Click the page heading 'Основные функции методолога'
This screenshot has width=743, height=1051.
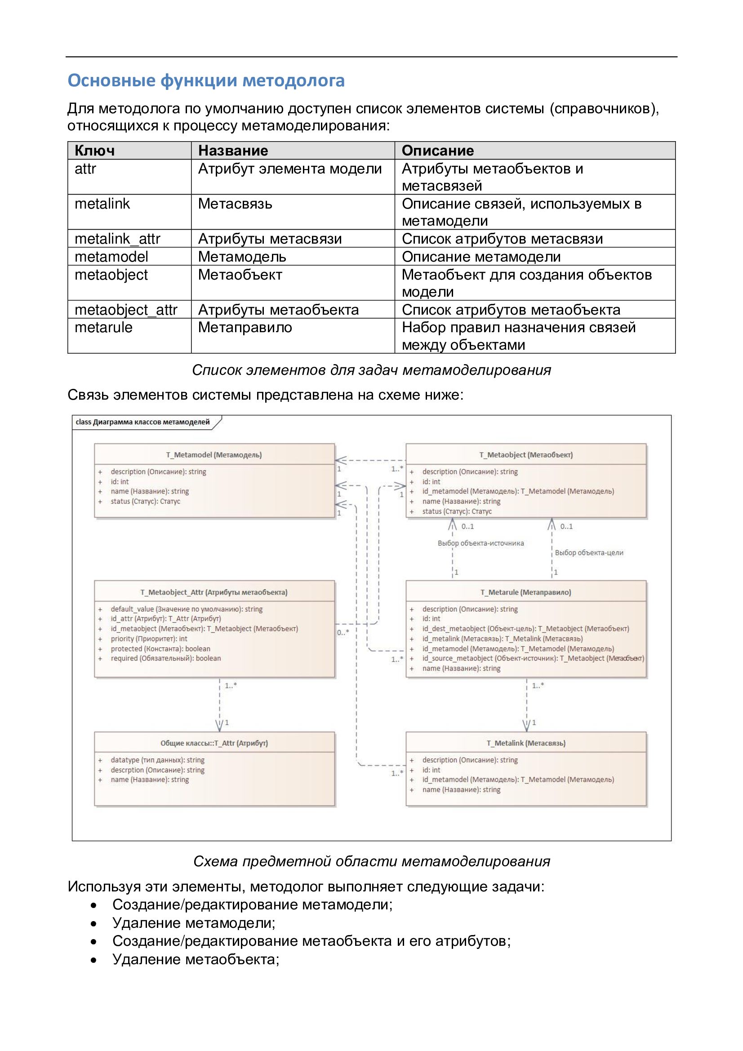pyautogui.click(x=206, y=81)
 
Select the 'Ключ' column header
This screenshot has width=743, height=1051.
pyautogui.click(x=95, y=151)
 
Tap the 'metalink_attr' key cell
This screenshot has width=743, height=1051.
pyautogui.click(x=117, y=239)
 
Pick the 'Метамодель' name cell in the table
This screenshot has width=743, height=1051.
pyautogui.click(x=242, y=256)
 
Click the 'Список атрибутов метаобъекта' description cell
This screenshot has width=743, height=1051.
pyautogui.click(x=511, y=309)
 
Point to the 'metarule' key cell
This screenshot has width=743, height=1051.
pyautogui.click(x=103, y=327)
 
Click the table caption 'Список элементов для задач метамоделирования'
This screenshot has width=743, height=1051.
pyautogui.click(x=371, y=370)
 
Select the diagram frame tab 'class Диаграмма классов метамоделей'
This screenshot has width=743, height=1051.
pyautogui.click(x=142, y=422)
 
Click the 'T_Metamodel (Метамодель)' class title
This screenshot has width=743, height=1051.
pyautogui.click(x=214, y=454)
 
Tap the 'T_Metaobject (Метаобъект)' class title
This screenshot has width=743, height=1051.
pyautogui.click(x=526, y=454)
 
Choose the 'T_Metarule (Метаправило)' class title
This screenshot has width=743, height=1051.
pyautogui.click(x=525, y=592)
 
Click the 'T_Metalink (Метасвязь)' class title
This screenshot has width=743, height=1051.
pyautogui.click(x=526, y=743)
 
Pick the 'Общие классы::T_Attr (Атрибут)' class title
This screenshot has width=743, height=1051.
pyautogui.click(x=214, y=743)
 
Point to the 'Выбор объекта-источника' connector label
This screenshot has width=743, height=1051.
pyautogui.click(x=481, y=543)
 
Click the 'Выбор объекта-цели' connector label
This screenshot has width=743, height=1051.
pyautogui.click(x=589, y=552)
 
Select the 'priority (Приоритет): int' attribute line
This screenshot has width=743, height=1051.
pyautogui.click(x=149, y=639)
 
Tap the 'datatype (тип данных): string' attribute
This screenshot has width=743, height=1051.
pyautogui.click(x=157, y=760)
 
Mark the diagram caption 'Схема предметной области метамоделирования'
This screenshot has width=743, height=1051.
pyautogui.click(x=371, y=861)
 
